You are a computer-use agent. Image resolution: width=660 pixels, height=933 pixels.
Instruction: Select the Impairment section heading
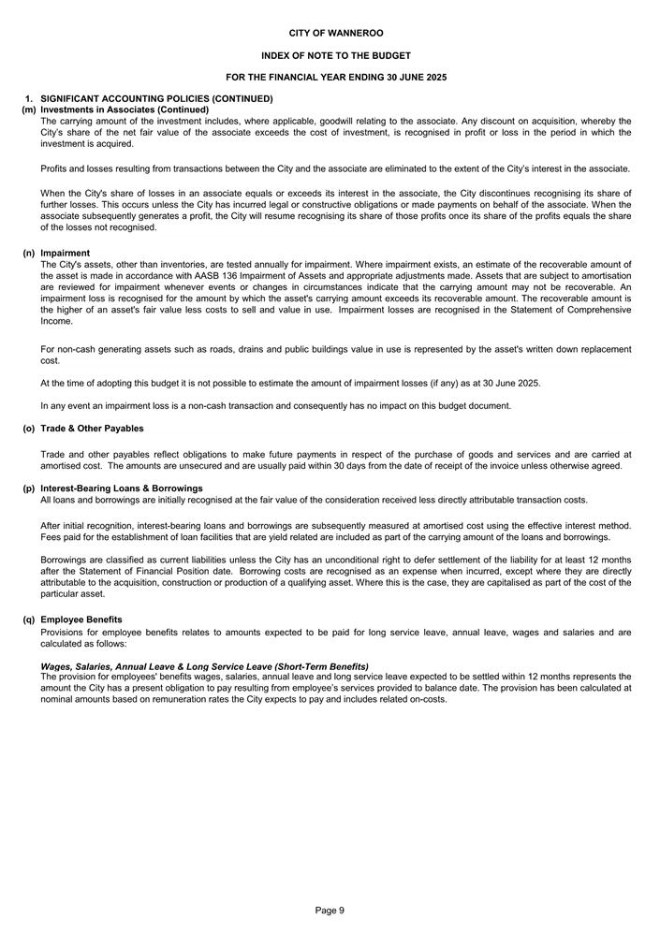66,253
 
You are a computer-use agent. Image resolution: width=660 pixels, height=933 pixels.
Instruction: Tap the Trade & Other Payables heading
92,429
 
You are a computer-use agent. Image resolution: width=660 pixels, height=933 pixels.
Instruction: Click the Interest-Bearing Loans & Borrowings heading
122,488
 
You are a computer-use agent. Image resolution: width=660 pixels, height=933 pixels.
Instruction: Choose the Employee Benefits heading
81,620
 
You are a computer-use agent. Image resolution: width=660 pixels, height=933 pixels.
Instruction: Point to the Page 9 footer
330,910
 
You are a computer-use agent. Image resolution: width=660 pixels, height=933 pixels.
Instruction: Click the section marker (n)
29,253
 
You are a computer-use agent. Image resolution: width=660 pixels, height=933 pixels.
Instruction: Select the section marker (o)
29,429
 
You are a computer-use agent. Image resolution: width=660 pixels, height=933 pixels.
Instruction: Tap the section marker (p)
29,488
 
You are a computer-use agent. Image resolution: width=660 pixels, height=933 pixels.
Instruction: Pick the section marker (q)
29,620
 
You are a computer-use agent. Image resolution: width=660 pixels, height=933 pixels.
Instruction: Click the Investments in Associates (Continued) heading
125,109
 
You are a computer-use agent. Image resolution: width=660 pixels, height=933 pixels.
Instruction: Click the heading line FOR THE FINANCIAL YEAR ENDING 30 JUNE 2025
335,77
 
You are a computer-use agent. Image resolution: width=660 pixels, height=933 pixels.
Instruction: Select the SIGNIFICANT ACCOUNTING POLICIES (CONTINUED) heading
156,98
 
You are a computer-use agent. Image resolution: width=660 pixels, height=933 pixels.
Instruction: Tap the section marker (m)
29,109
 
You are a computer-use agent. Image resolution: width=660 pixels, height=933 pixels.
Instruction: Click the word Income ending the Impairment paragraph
56,321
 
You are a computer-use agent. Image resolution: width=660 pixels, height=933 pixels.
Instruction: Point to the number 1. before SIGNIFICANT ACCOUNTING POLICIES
29,98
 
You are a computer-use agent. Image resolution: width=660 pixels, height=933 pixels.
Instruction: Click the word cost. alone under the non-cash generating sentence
51,360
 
